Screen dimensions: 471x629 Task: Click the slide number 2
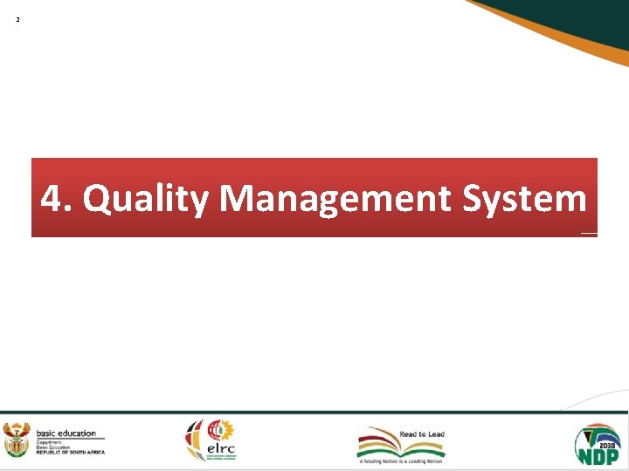click(x=17, y=18)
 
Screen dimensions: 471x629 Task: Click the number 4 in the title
click(x=52, y=199)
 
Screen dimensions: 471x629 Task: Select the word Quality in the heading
click(x=146, y=200)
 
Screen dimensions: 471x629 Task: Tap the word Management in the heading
click(x=335, y=200)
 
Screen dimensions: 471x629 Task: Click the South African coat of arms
click(x=17, y=439)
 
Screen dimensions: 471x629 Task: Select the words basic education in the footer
click(x=66, y=433)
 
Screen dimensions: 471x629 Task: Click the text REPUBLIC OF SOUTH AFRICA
click(x=70, y=452)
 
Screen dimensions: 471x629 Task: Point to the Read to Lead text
click(x=422, y=433)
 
